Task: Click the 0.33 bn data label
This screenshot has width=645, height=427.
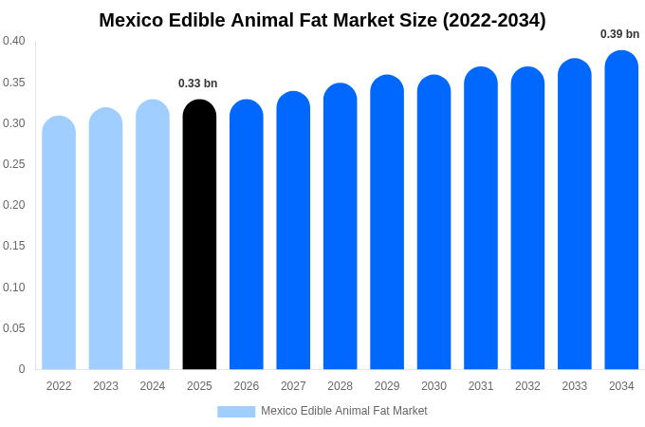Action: tap(197, 84)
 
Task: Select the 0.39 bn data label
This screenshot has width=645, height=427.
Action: tap(619, 34)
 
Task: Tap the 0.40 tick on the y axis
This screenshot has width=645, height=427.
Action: tap(14, 41)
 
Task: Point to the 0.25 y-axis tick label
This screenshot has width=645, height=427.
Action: tap(14, 164)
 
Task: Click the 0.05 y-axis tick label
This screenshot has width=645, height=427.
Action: tap(14, 328)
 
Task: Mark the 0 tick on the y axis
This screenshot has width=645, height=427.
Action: tap(22, 369)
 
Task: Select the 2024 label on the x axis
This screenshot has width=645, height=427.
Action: tap(153, 386)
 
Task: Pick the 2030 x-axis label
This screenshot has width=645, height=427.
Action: tap(433, 386)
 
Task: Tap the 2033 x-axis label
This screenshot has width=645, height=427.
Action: tap(575, 386)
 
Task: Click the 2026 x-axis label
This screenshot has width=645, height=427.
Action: tap(247, 386)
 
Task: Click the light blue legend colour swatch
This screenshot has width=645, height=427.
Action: tap(236, 412)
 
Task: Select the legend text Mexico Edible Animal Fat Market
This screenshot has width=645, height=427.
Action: tap(344, 411)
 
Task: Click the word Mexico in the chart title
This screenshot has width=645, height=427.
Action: tap(131, 20)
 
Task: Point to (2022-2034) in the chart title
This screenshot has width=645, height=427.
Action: tap(494, 20)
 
